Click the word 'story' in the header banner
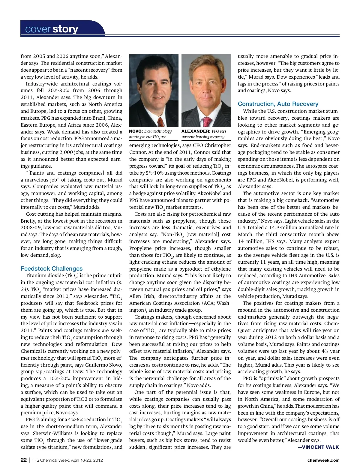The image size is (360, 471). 65,29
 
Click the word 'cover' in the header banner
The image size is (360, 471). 38,29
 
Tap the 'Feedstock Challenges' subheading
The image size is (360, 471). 52,268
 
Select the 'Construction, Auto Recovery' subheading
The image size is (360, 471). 278,104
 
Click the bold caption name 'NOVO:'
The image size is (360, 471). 136,131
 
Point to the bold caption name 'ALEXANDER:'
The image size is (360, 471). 196,131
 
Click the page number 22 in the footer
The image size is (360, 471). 24,460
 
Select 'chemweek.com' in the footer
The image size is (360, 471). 323,460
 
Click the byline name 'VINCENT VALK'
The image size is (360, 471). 320,447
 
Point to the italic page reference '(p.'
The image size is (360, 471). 119,282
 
